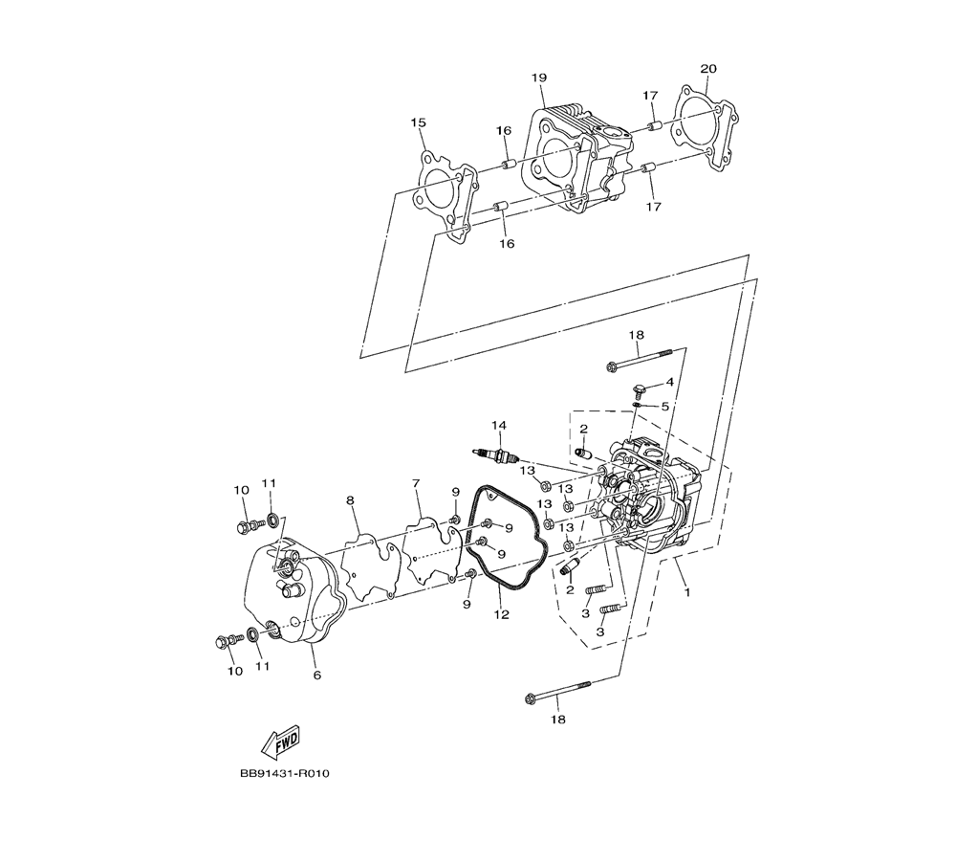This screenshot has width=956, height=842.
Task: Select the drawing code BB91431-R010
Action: pyautogui.click(x=284, y=774)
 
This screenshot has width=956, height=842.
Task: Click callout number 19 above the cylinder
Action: pyautogui.click(x=539, y=78)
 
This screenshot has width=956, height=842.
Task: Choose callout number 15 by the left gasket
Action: pyautogui.click(x=418, y=122)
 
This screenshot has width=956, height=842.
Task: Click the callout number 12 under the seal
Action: pyautogui.click(x=501, y=614)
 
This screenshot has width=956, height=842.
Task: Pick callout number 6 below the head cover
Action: pyautogui.click(x=317, y=675)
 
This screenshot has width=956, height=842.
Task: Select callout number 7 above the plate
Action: pyautogui.click(x=416, y=483)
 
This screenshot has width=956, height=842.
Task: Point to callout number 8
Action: pyautogui.click(x=350, y=500)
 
